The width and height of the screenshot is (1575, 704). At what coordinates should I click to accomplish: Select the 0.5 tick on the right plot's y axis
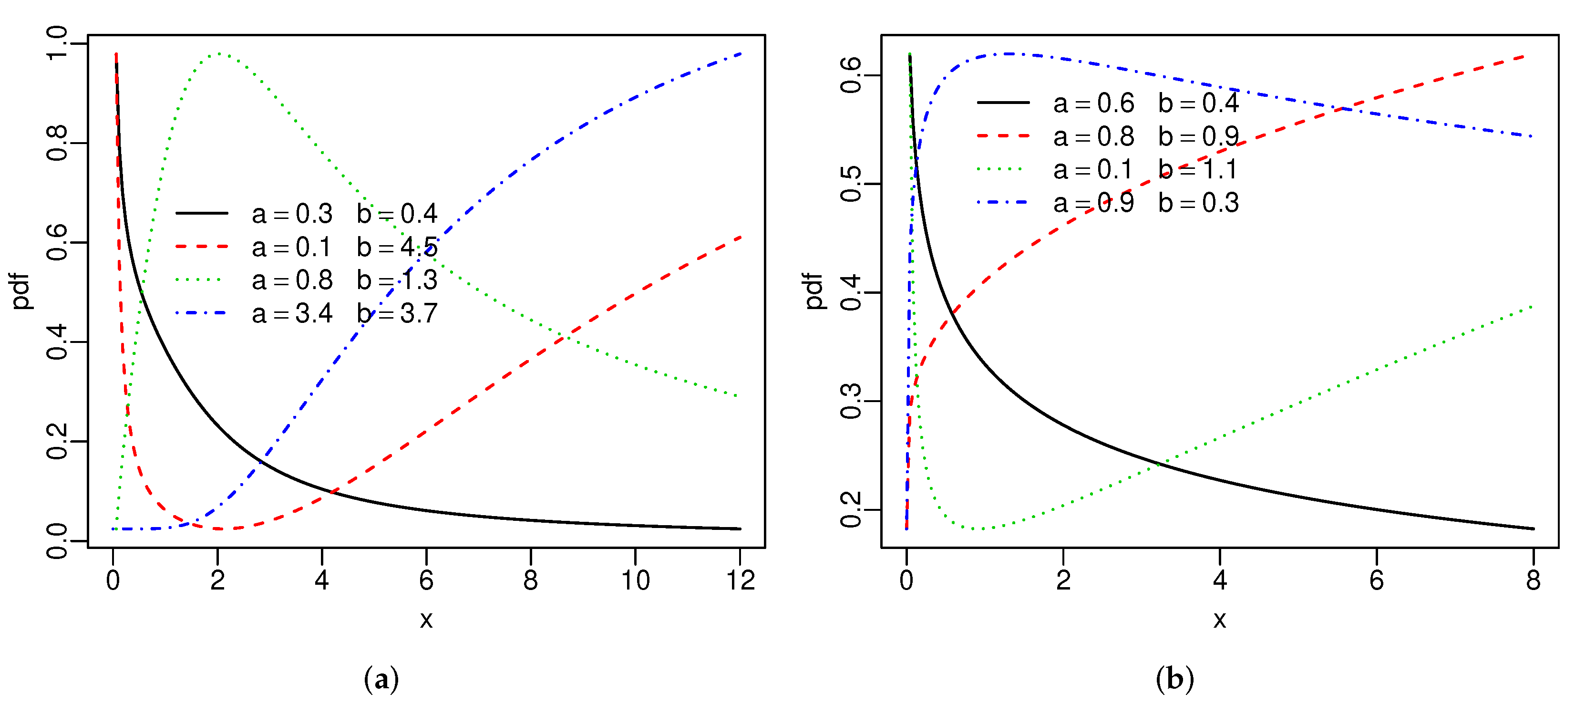click(x=851, y=184)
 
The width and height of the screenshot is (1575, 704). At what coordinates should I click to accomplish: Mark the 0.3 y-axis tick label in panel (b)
click(x=851, y=401)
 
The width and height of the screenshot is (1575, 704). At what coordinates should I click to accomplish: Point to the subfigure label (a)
click(x=381, y=679)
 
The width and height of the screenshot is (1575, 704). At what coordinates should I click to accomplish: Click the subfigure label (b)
click(x=1174, y=679)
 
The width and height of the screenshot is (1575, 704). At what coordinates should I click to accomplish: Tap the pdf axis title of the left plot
click(x=21, y=291)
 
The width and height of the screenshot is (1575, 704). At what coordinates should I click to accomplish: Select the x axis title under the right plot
click(x=1220, y=620)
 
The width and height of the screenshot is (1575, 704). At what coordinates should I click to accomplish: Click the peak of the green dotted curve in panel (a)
click(x=217, y=54)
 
